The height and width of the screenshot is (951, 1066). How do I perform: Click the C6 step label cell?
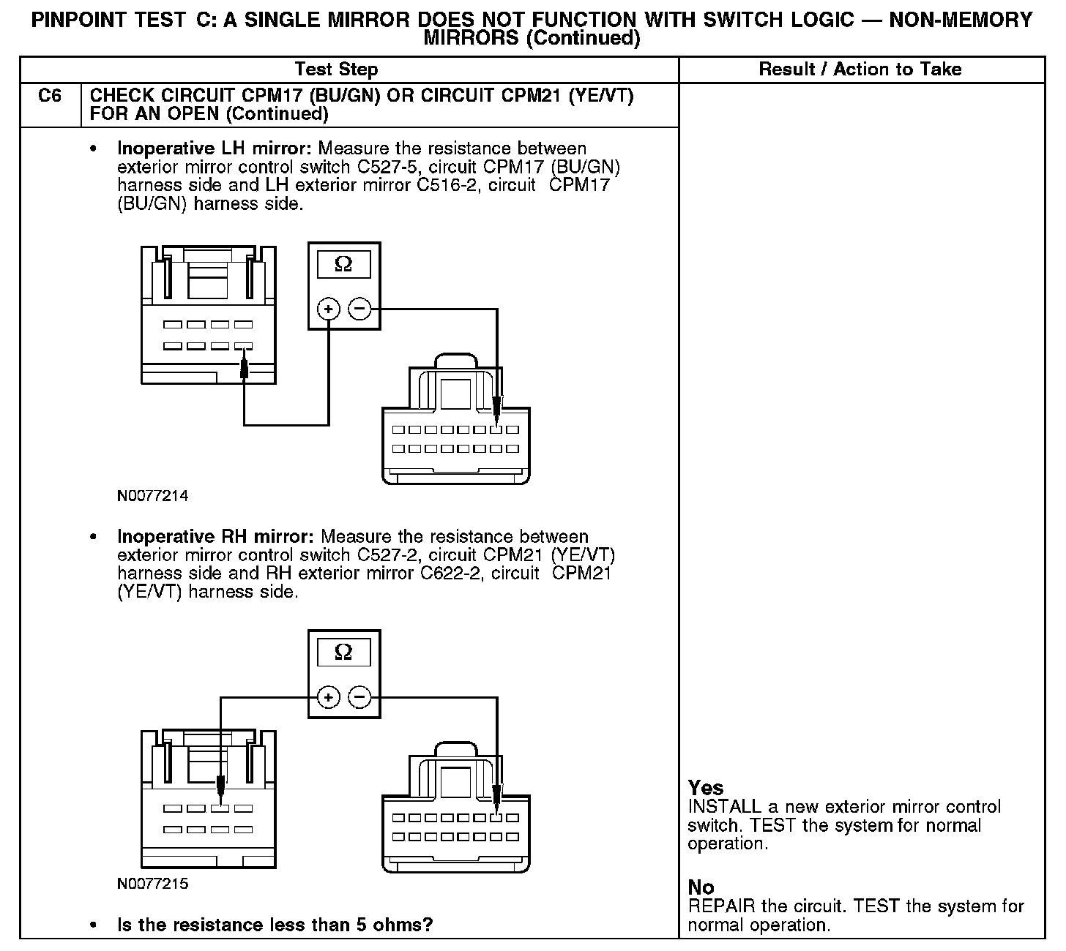(50, 97)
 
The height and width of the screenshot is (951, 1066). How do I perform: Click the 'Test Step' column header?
(336, 69)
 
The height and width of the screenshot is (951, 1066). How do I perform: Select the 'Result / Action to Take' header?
(860, 69)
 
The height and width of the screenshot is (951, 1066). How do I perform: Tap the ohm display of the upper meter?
(343, 265)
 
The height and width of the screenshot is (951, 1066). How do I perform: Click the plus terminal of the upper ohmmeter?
(329, 309)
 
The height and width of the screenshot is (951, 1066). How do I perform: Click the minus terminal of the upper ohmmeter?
(359, 309)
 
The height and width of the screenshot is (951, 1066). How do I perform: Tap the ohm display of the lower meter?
(343, 652)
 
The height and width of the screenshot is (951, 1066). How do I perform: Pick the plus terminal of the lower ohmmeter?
(329, 697)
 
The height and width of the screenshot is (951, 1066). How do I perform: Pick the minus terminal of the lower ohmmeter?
(359, 697)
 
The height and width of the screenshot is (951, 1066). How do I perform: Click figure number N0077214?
(152, 496)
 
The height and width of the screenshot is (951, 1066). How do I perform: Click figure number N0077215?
(152, 884)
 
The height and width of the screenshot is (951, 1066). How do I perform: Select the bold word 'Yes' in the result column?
(706, 788)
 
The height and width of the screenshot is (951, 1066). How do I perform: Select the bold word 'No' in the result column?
(701, 887)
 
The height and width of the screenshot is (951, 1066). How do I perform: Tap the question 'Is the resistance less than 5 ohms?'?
(275, 925)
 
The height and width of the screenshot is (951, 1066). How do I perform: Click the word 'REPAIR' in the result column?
(721, 906)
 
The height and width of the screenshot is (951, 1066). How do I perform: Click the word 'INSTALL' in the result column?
(725, 807)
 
